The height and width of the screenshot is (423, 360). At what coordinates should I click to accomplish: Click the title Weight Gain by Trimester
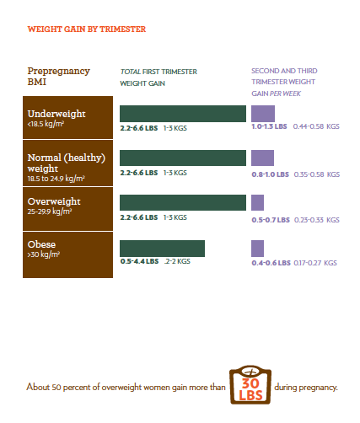click(x=87, y=29)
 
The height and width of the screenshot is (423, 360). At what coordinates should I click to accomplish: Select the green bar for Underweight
click(x=183, y=114)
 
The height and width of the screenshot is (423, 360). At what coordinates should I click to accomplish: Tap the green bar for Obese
click(x=162, y=249)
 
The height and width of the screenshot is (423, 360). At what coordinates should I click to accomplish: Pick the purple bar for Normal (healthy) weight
click(x=262, y=158)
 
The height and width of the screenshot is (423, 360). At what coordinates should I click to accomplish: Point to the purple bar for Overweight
click(x=257, y=202)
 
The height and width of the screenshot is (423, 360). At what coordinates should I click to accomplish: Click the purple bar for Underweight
click(x=263, y=114)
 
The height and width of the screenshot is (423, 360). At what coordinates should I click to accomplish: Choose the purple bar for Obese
click(x=257, y=249)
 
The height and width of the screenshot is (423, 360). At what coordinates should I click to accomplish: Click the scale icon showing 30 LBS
click(x=250, y=385)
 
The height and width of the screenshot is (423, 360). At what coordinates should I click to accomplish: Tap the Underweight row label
click(x=56, y=114)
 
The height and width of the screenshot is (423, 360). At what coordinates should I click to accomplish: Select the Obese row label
click(x=41, y=244)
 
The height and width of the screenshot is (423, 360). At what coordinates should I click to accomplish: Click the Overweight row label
click(x=54, y=201)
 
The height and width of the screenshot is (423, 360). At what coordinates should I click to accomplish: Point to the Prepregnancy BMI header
click(x=58, y=76)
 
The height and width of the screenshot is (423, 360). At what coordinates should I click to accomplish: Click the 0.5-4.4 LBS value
click(x=139, y=261)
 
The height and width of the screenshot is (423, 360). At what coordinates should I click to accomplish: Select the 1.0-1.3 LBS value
click(x=269, y=126)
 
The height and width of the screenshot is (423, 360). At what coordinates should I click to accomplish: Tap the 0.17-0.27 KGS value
click(x=315, y=263)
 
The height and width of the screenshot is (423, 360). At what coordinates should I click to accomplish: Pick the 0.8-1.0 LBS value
click(x=271, y=174)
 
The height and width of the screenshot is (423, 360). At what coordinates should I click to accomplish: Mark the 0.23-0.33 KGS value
click(x=317, y=220)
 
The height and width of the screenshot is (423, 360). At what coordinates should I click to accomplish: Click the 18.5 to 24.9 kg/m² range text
click(x=56, y=179)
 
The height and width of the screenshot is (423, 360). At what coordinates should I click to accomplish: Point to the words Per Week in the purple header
click(x=285, y=94)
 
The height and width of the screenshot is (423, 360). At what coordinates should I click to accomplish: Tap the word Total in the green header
click(x=131, y=72)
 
